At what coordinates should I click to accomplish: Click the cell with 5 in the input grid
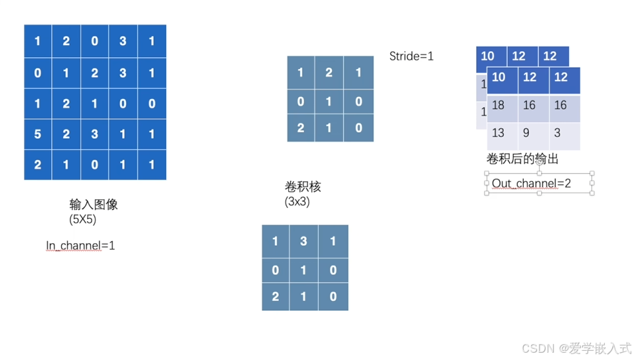coord(38,134)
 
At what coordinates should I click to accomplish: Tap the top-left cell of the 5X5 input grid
coord(38,41)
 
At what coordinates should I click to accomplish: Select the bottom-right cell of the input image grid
coord(152,165)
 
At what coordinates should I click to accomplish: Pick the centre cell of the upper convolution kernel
coord(329,102)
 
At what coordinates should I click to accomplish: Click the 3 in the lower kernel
coord(304,241)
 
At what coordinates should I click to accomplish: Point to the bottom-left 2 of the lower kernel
coord(276,296)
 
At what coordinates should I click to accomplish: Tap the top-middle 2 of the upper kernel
coord(329,72)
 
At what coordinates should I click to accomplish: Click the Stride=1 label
coord(411,56)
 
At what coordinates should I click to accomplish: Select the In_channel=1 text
coord(80,246)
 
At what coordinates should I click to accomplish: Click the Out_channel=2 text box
coord(538,183)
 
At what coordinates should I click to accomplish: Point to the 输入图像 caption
coord(94,205)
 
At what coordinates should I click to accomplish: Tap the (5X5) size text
coord(83,219)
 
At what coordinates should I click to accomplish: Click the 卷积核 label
coord(303,187)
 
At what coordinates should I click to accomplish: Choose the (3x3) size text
coord(297,201)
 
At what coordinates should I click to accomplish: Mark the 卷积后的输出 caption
coord(522,159)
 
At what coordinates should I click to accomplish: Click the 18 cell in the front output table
coord(499,106)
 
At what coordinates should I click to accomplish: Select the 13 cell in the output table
coord(499,134)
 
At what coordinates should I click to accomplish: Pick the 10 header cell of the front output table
coord(499,78)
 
